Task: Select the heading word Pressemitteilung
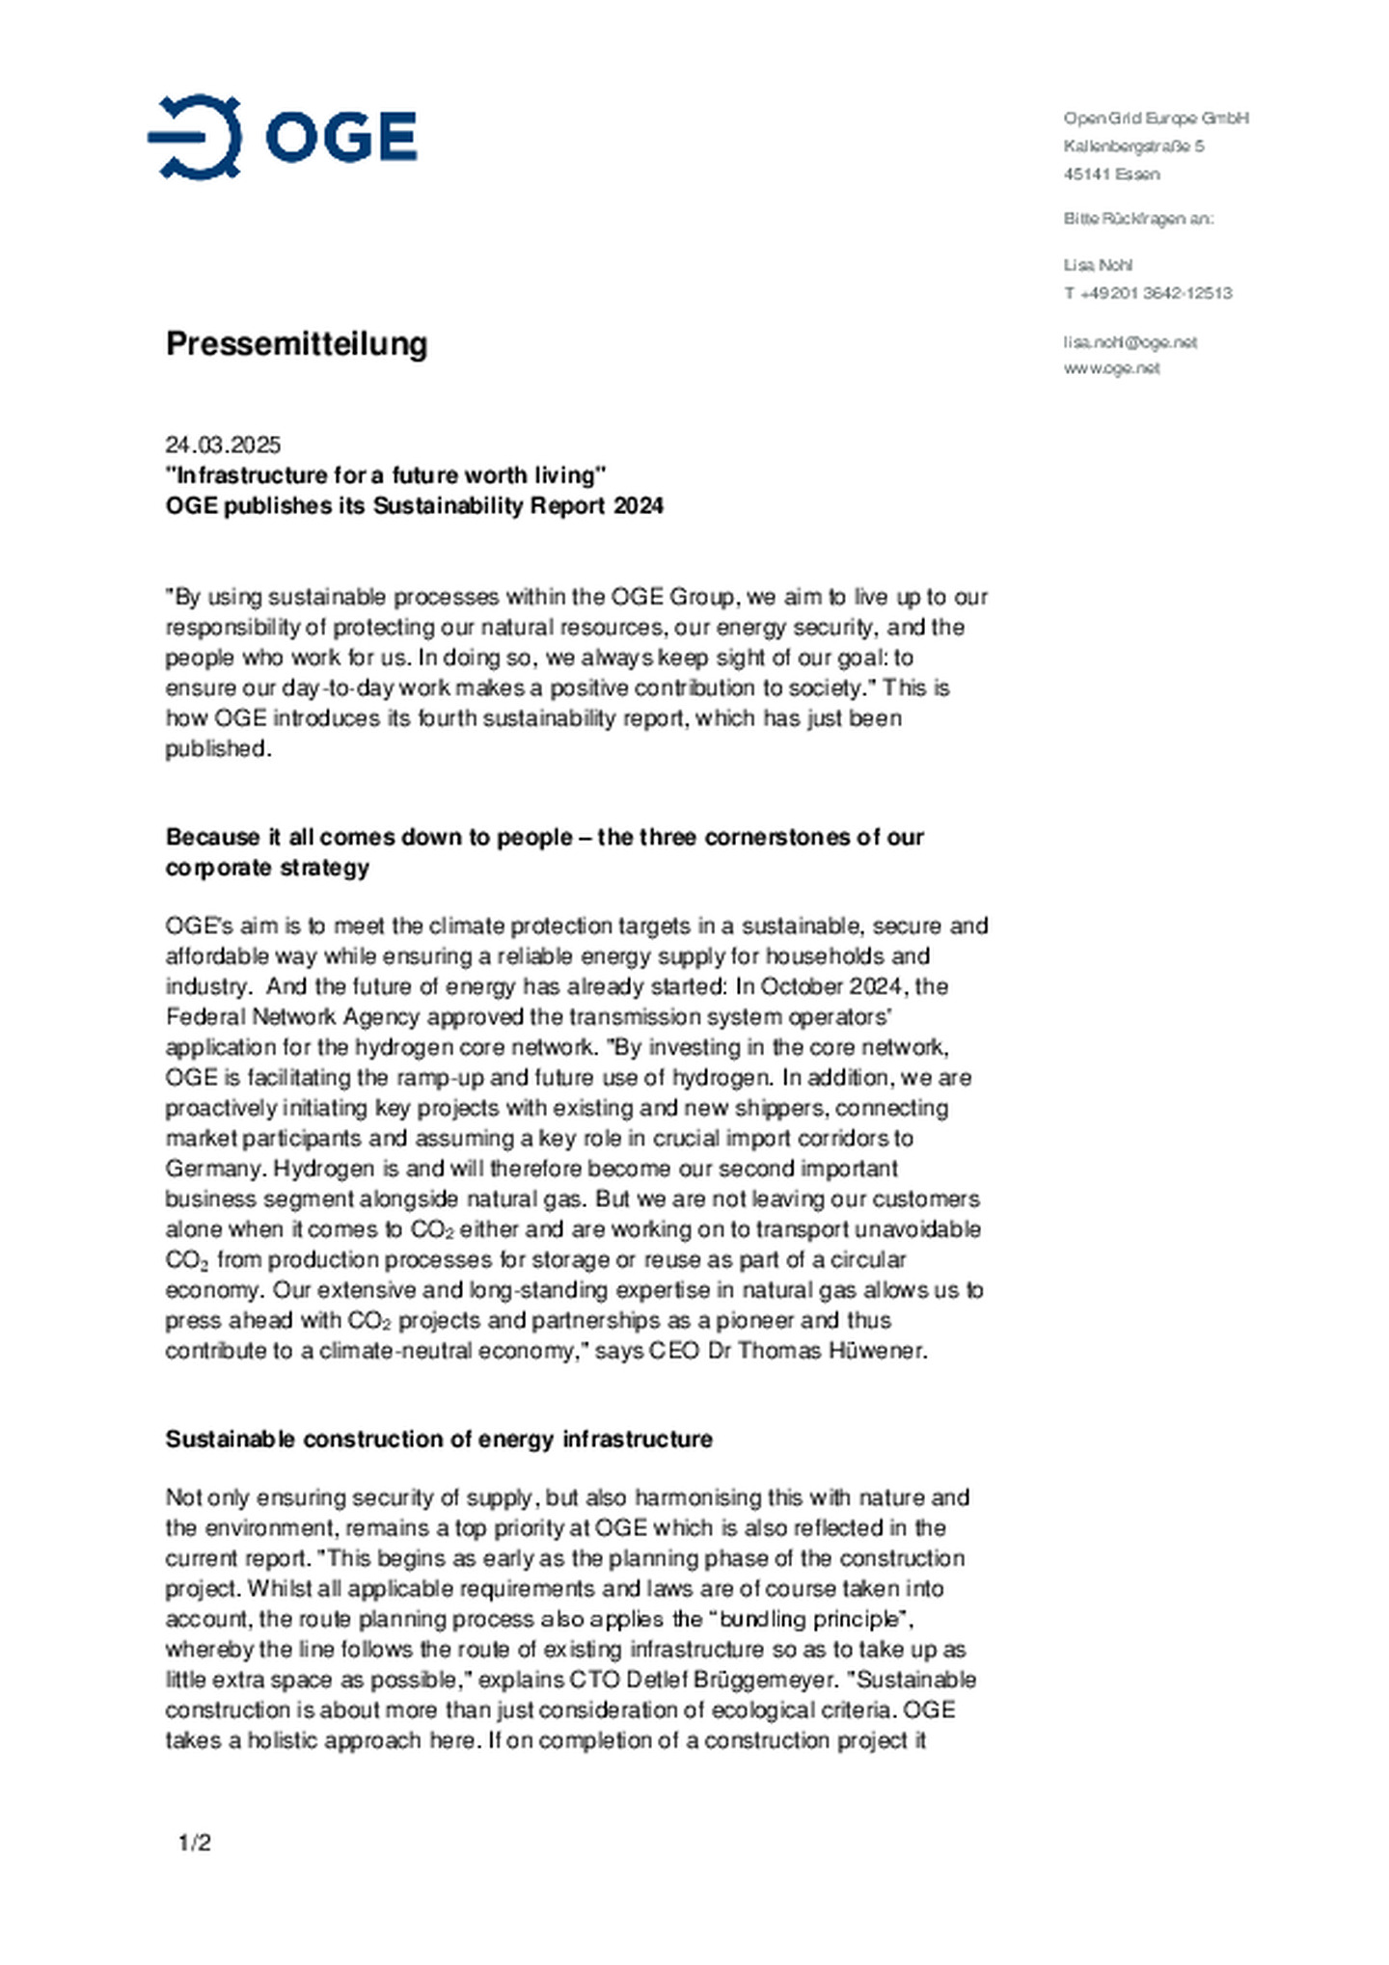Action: click(296, 343)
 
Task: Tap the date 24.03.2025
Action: click(223, 444)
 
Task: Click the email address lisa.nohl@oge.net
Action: click(1130, 342)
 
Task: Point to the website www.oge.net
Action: click(1111, 368)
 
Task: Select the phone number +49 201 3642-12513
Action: click(1156, 293)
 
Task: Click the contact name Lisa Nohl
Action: click(1098, 265)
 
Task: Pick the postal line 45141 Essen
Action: click(1111, 175)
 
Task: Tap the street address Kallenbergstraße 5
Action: click(1133, 147)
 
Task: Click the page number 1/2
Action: click(194, 1843)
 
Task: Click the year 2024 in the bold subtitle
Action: click(639, 506)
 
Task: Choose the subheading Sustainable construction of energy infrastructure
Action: click(439, 1439)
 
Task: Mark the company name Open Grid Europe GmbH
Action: click(1156, 118)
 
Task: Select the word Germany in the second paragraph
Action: click(214, 1169)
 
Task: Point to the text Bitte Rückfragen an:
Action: click(1138, 219)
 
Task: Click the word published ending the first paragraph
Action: click(215, 749)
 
